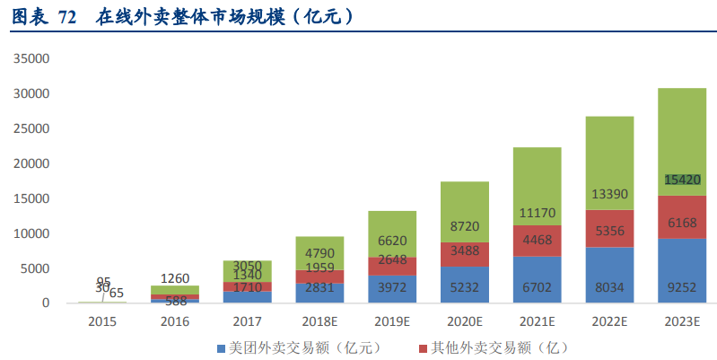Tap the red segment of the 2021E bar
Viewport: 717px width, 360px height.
(537, 240)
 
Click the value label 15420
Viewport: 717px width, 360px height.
(682, 180)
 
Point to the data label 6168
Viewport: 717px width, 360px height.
(682, 223)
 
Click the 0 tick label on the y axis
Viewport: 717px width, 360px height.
(45, 303)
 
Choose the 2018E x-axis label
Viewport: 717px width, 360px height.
(319, 321)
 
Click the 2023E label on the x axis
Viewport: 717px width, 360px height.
(682, 321)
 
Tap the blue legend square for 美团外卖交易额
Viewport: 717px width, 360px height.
(222, 347)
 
